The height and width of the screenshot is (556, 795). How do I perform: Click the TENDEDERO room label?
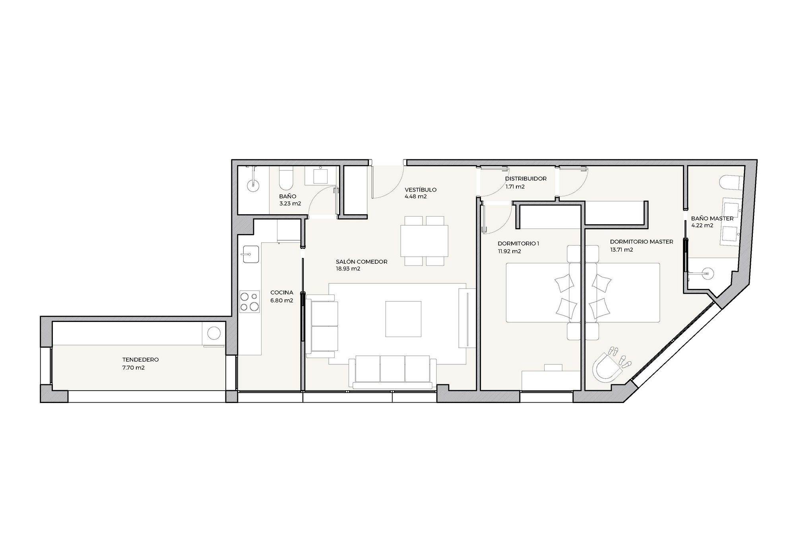point(141,360)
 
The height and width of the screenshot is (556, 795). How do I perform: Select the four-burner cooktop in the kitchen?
point(249,301)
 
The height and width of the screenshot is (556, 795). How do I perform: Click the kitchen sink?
point(249,254)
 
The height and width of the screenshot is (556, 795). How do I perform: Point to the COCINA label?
point(282,293)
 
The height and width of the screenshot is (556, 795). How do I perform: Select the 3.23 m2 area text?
point(290,204)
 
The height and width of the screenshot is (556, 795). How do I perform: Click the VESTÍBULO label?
point(421,190)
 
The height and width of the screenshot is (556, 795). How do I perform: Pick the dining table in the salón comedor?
point(424,241)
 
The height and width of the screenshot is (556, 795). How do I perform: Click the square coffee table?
point(403,319)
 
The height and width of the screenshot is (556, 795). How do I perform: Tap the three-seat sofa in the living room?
point(392,372)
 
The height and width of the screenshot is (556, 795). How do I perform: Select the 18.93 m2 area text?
point(348,269)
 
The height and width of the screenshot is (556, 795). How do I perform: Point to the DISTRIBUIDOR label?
point(526,179)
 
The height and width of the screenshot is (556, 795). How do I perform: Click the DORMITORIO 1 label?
point(518,244)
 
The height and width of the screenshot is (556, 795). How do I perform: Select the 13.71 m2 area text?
point(622,250)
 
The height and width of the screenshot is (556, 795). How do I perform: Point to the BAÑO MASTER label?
point(712,219)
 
